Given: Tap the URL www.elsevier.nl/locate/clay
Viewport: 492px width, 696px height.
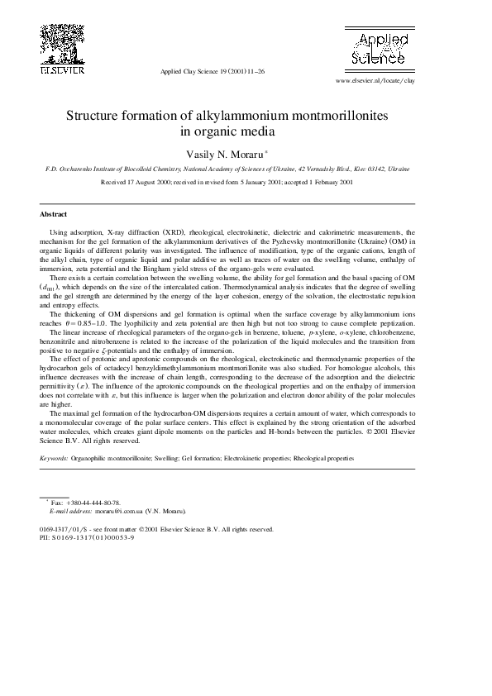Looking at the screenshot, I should [375, 82].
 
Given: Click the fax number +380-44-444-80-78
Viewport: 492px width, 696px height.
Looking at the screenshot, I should [93, 503].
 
